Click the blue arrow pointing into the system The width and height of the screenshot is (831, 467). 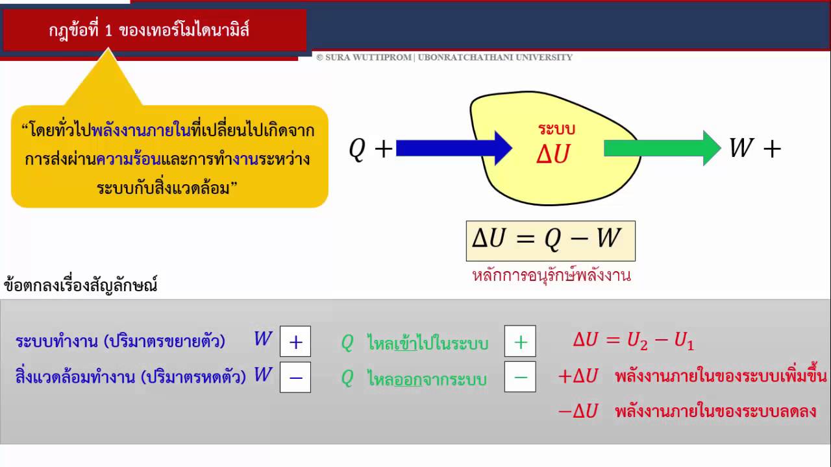(454, 149)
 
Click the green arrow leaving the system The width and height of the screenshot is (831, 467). (663, 149)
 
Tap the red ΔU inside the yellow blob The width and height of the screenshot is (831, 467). (553, 154)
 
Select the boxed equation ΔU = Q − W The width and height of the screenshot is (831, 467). (551, 241)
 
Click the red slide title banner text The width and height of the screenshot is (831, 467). (149, 30)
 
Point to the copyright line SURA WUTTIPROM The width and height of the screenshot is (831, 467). (445, 58)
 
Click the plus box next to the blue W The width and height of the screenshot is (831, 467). (295, 341)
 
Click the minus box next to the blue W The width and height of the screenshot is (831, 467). (295, 377)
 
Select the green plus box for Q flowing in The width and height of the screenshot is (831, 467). (520, 341)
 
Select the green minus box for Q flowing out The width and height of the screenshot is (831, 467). (520, 377)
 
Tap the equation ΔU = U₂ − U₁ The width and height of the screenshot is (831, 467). (634, 341)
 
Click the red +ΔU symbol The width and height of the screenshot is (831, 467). (578, 376)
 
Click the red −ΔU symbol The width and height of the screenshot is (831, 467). (578, 411)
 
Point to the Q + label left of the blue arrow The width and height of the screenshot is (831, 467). (371, 149)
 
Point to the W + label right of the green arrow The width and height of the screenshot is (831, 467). (755, 149)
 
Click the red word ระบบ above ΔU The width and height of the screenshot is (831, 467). (556, 129)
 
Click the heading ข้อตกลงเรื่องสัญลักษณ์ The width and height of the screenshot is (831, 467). (81, 285)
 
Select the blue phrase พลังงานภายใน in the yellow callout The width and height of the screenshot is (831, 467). (142, 130)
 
